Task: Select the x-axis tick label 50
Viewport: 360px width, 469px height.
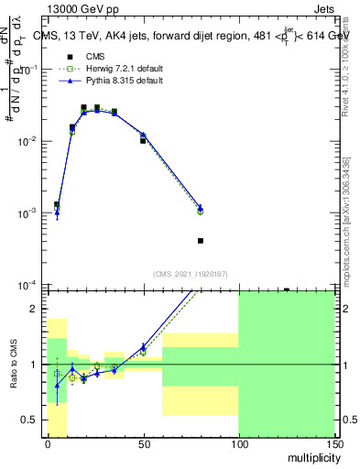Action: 143,442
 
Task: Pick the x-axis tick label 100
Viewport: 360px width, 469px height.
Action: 238,442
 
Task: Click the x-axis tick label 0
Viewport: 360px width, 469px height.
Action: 48,442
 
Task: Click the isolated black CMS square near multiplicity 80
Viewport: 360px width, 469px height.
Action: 201,241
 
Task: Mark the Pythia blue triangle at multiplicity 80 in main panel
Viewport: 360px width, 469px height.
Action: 201,208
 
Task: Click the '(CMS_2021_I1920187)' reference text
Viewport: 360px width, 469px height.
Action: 190,274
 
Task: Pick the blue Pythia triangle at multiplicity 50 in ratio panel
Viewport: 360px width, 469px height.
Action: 143,347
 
